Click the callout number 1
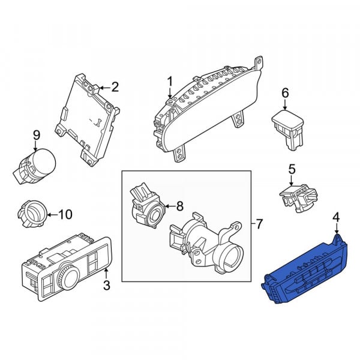pos(170,82)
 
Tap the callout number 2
pos(115,87)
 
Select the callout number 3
pos(107,286)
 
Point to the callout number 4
pos(337,217)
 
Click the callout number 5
pos(292,169)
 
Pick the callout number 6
pos(285,93)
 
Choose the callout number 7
pos(259,224)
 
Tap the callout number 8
pos(180,206)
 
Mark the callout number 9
pos(37,135)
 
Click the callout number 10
pos(65,215)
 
